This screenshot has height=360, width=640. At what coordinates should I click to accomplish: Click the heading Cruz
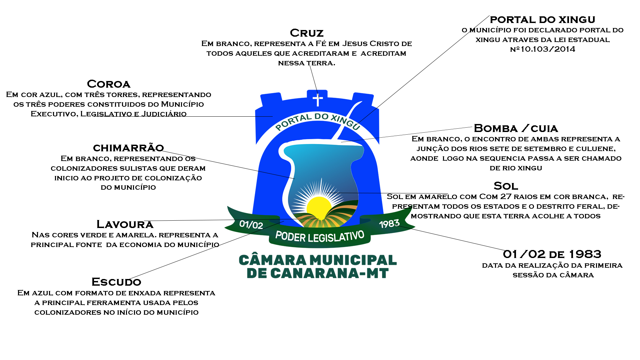coord(307,33)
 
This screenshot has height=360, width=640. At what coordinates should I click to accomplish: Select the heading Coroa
coord(109,84)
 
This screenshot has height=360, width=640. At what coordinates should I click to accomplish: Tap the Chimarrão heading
coord(128,148)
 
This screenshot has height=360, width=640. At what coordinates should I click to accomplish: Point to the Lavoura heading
coord(125,224)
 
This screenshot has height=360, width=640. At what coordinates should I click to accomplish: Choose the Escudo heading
coord(116,282)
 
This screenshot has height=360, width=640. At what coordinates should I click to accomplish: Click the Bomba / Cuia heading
coord(516,128)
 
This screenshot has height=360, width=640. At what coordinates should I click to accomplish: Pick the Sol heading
coord(506,186)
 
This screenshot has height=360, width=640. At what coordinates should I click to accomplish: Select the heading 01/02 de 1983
coord(552,254)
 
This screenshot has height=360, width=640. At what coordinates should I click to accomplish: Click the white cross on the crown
coord(318,99)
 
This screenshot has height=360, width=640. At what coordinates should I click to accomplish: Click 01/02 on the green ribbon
coord(251,225)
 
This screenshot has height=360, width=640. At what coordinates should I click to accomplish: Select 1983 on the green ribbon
coord(389,224)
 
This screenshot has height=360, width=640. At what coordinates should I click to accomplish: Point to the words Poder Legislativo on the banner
coord(319,237)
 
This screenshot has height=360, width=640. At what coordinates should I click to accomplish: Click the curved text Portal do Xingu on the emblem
coord(318,120)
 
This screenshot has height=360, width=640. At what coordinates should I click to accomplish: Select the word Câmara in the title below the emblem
coord(273,260)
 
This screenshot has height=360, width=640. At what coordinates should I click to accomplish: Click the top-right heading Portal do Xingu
coord(542,20)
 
